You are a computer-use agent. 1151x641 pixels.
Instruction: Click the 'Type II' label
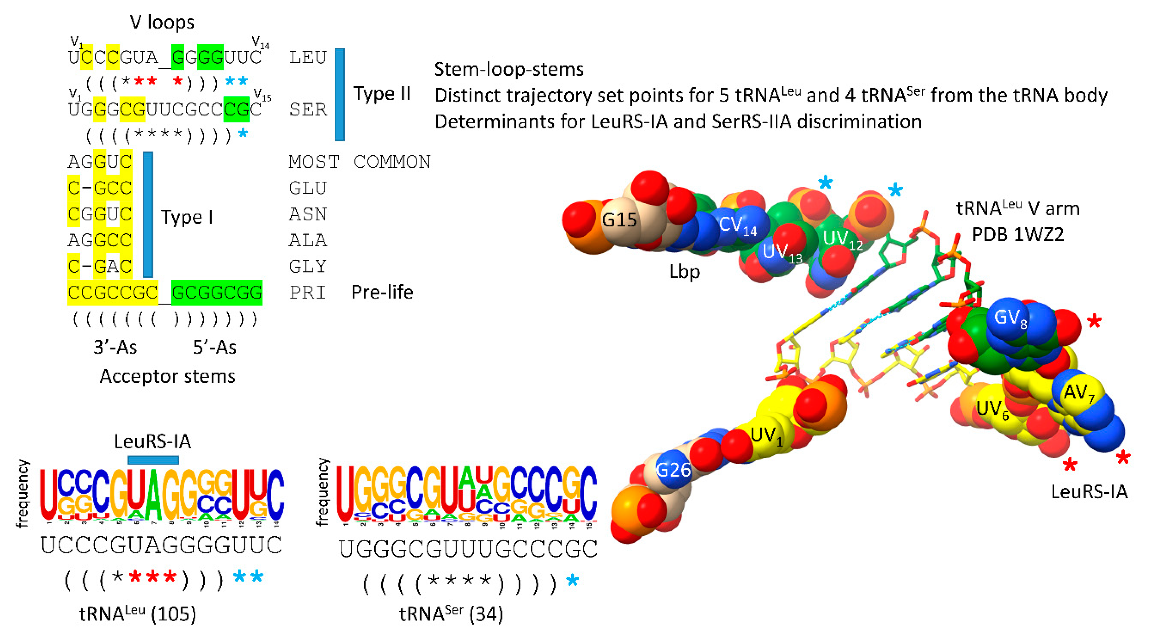click(x=382, y=94)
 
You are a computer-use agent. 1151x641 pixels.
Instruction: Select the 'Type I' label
click(x=187, y=217)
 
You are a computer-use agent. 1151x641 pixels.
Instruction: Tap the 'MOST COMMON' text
click(x=359, y=162)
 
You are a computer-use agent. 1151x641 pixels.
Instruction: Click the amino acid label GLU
click(x=308, y=188)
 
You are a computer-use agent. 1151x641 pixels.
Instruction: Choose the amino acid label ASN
click(x=308, y=215)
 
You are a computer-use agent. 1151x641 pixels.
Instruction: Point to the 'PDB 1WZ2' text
click(x=1018, y=235)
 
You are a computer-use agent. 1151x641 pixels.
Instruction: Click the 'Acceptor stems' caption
click(x=167, y=376)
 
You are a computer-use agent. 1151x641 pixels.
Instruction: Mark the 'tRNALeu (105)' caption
click(x=138, y=614)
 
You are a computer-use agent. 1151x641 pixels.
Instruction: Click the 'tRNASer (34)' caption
click(x=451, y=614)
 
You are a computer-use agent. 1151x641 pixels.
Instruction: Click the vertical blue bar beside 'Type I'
click(x=148, y=215)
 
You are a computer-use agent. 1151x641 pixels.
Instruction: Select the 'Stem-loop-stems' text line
click(x=509, y=69)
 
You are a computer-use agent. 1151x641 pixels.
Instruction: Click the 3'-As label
click(x=115, y=347)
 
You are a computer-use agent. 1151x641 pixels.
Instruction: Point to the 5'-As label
click(x=214, y=347)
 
